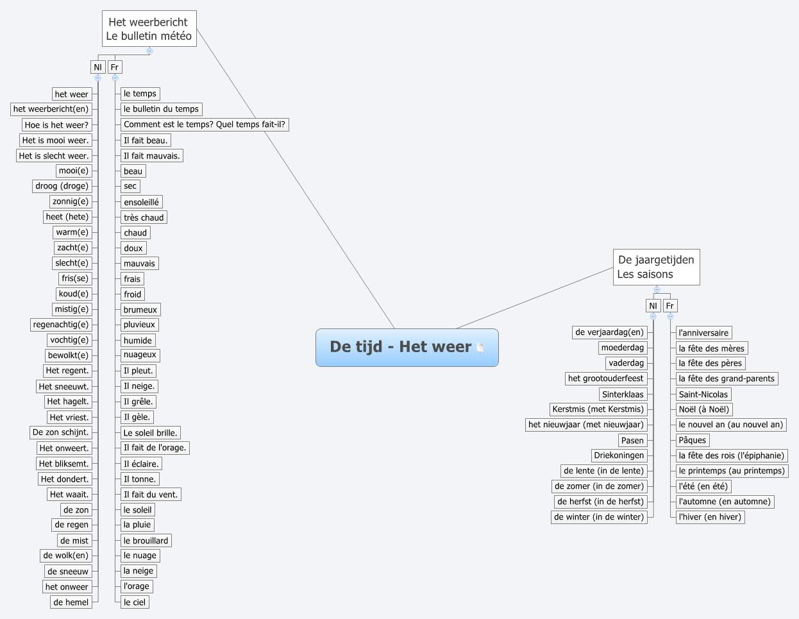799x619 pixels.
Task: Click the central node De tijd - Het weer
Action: click(x=400, y=347)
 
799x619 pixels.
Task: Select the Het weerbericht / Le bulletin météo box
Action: click(x=149, y=29)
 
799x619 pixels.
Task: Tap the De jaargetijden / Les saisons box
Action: click(x=655, y=267)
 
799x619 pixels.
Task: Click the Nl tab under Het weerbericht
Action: click(x=97, y=67)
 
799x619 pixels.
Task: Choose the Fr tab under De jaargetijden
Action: click(x=669, y=306)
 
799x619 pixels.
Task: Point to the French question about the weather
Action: click(x=205, y=124)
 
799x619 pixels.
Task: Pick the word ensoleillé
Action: click(x=141, y=202)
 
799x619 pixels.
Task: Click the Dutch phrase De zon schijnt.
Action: click(x=61, y=432)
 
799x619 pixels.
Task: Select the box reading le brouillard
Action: click(x=146, y=541)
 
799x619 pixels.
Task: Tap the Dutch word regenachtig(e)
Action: click(x=61, y=325)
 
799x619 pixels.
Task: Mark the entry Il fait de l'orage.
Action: click(x=155, y=448)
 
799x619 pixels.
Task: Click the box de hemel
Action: click(x=71, y=602)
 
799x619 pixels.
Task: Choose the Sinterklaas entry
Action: click(x=623, y=394)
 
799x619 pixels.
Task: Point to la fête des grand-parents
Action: click(x=727, y=378)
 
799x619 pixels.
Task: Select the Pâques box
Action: click(x=692, y=440)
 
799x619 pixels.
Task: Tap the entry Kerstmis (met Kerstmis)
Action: click(x=598, y=409)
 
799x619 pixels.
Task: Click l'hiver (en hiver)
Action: click(x=710, y=517)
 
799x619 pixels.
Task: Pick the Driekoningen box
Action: click(x=619, y=455)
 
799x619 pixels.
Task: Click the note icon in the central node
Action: click(x=480, y=348)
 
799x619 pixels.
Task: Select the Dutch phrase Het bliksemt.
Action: click(x=63, y=464)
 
